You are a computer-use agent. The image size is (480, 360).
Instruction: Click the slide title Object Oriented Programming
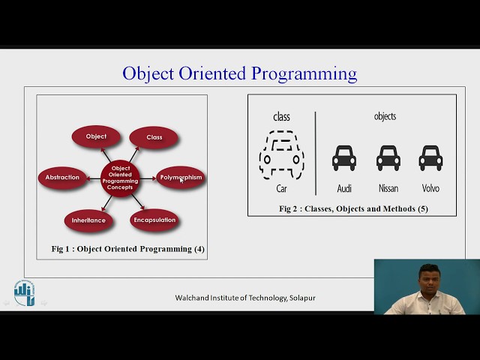pos(239,73)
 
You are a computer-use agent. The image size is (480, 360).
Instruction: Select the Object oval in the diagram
pos(96,136)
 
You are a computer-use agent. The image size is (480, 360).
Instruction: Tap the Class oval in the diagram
pos(154,137)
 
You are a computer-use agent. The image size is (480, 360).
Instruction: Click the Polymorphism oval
pos(181,178)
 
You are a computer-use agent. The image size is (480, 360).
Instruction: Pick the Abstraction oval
pos(62,178)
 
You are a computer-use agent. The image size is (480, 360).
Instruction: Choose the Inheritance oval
pos(88,220)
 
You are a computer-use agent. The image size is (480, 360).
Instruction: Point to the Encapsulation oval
pos(154,220)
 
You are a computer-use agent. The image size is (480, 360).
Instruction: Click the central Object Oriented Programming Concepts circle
pos(121,178)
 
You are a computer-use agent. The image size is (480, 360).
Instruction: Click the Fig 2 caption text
pos(353,208)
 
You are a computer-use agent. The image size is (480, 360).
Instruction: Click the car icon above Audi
pos(344,157)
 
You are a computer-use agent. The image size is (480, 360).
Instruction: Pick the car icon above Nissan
pos(388,157)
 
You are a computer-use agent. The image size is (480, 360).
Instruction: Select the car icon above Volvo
pos(430,157)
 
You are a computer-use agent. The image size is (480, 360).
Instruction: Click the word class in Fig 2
pos(281,117)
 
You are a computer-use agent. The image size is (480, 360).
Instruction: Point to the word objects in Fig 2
pos(385,116)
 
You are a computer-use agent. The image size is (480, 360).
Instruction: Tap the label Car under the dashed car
pos(281,189)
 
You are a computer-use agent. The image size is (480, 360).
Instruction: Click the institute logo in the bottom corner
pos(24,292)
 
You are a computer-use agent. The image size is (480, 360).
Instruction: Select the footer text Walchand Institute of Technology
pos(245,298)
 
